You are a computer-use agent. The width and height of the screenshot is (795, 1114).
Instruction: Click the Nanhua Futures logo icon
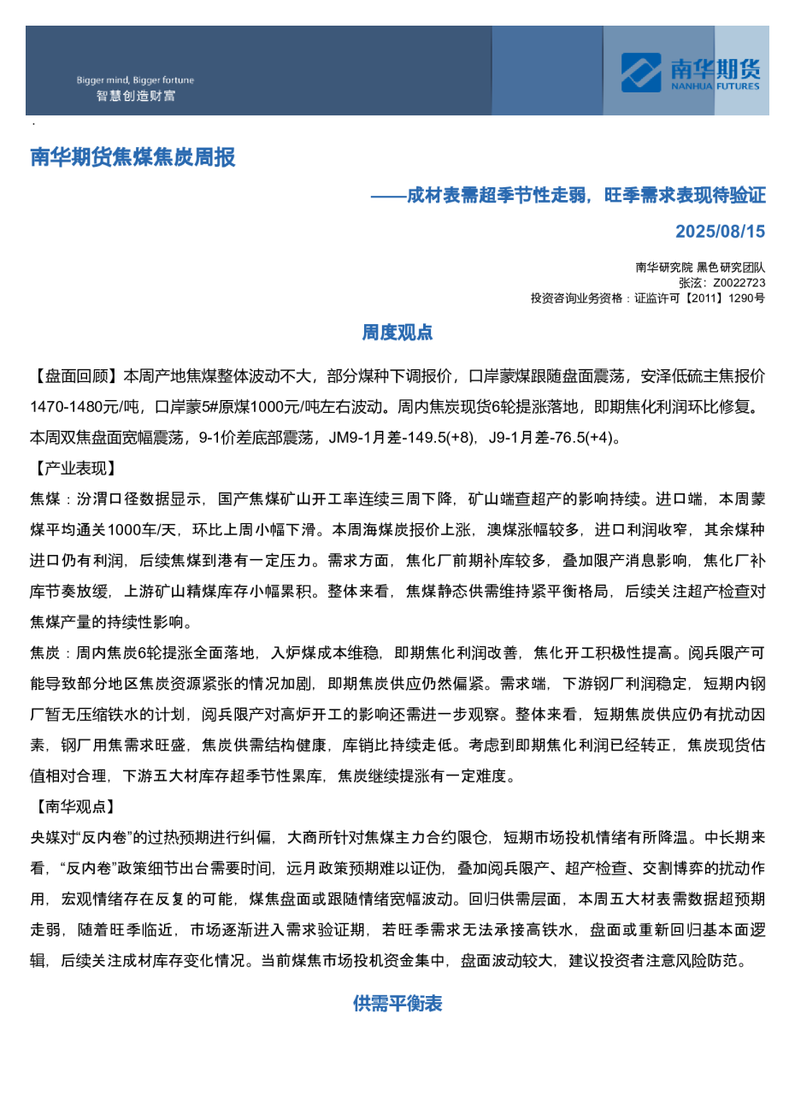640,72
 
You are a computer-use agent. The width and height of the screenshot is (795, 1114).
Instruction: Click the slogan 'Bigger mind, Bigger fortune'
135,80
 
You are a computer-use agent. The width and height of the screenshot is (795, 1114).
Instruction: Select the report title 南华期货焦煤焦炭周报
132,157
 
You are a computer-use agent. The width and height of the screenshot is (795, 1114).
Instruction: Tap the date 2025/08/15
720,232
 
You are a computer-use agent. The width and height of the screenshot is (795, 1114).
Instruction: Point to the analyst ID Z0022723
739,283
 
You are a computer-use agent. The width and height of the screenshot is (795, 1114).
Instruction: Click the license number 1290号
746,298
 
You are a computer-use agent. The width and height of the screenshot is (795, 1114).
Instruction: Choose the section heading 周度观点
397,333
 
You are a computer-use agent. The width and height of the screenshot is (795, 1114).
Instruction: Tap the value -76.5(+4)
578,438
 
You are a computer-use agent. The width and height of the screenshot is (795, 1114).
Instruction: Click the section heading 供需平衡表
397,1004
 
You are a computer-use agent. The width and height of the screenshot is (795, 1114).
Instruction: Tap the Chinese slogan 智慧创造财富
135,96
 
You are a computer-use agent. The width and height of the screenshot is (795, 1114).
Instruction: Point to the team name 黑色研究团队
731,268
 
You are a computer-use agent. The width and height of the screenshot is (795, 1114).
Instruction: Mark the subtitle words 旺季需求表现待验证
685,196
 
